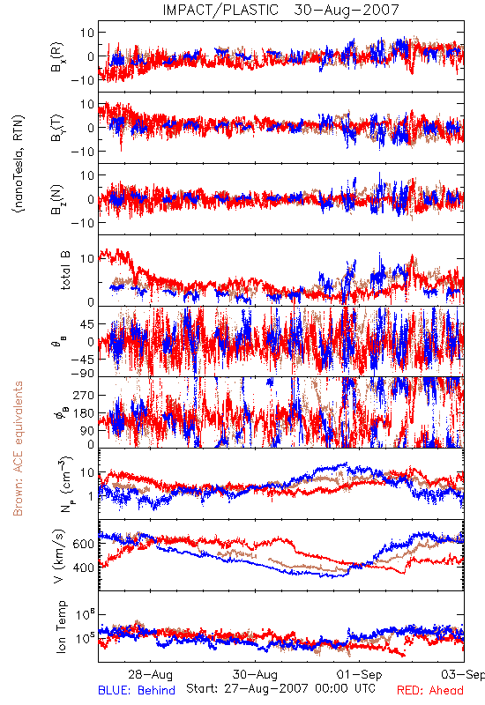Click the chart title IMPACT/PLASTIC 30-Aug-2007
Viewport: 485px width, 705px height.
[280, 10]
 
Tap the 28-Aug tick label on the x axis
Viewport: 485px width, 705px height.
[150, 674]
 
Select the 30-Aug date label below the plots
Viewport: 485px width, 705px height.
[255, 674]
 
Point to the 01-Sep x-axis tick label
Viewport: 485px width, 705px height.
[360, 674]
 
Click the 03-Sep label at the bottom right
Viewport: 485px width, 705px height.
[463, 674]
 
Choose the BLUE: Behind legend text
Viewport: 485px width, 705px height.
[137, 690]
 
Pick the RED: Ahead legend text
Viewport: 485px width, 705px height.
[430, 690]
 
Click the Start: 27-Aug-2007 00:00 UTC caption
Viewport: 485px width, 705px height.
[280, 688]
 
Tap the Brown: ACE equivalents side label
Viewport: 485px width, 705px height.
[18, 449]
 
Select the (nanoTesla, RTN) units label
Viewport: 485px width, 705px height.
[19, 164]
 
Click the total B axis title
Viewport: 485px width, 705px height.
[65, 271]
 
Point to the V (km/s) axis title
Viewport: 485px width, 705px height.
[59, 556]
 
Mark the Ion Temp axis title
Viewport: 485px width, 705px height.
[61, 627]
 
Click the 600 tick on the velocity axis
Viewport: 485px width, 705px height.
[83, 544]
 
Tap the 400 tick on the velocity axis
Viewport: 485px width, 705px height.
[83, 568]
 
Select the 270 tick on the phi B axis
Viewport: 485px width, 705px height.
[83, 395]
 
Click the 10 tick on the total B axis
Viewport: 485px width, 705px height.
[87, 258]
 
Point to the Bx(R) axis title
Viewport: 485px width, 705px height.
[57, 56]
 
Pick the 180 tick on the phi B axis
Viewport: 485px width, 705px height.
[83, 412]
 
